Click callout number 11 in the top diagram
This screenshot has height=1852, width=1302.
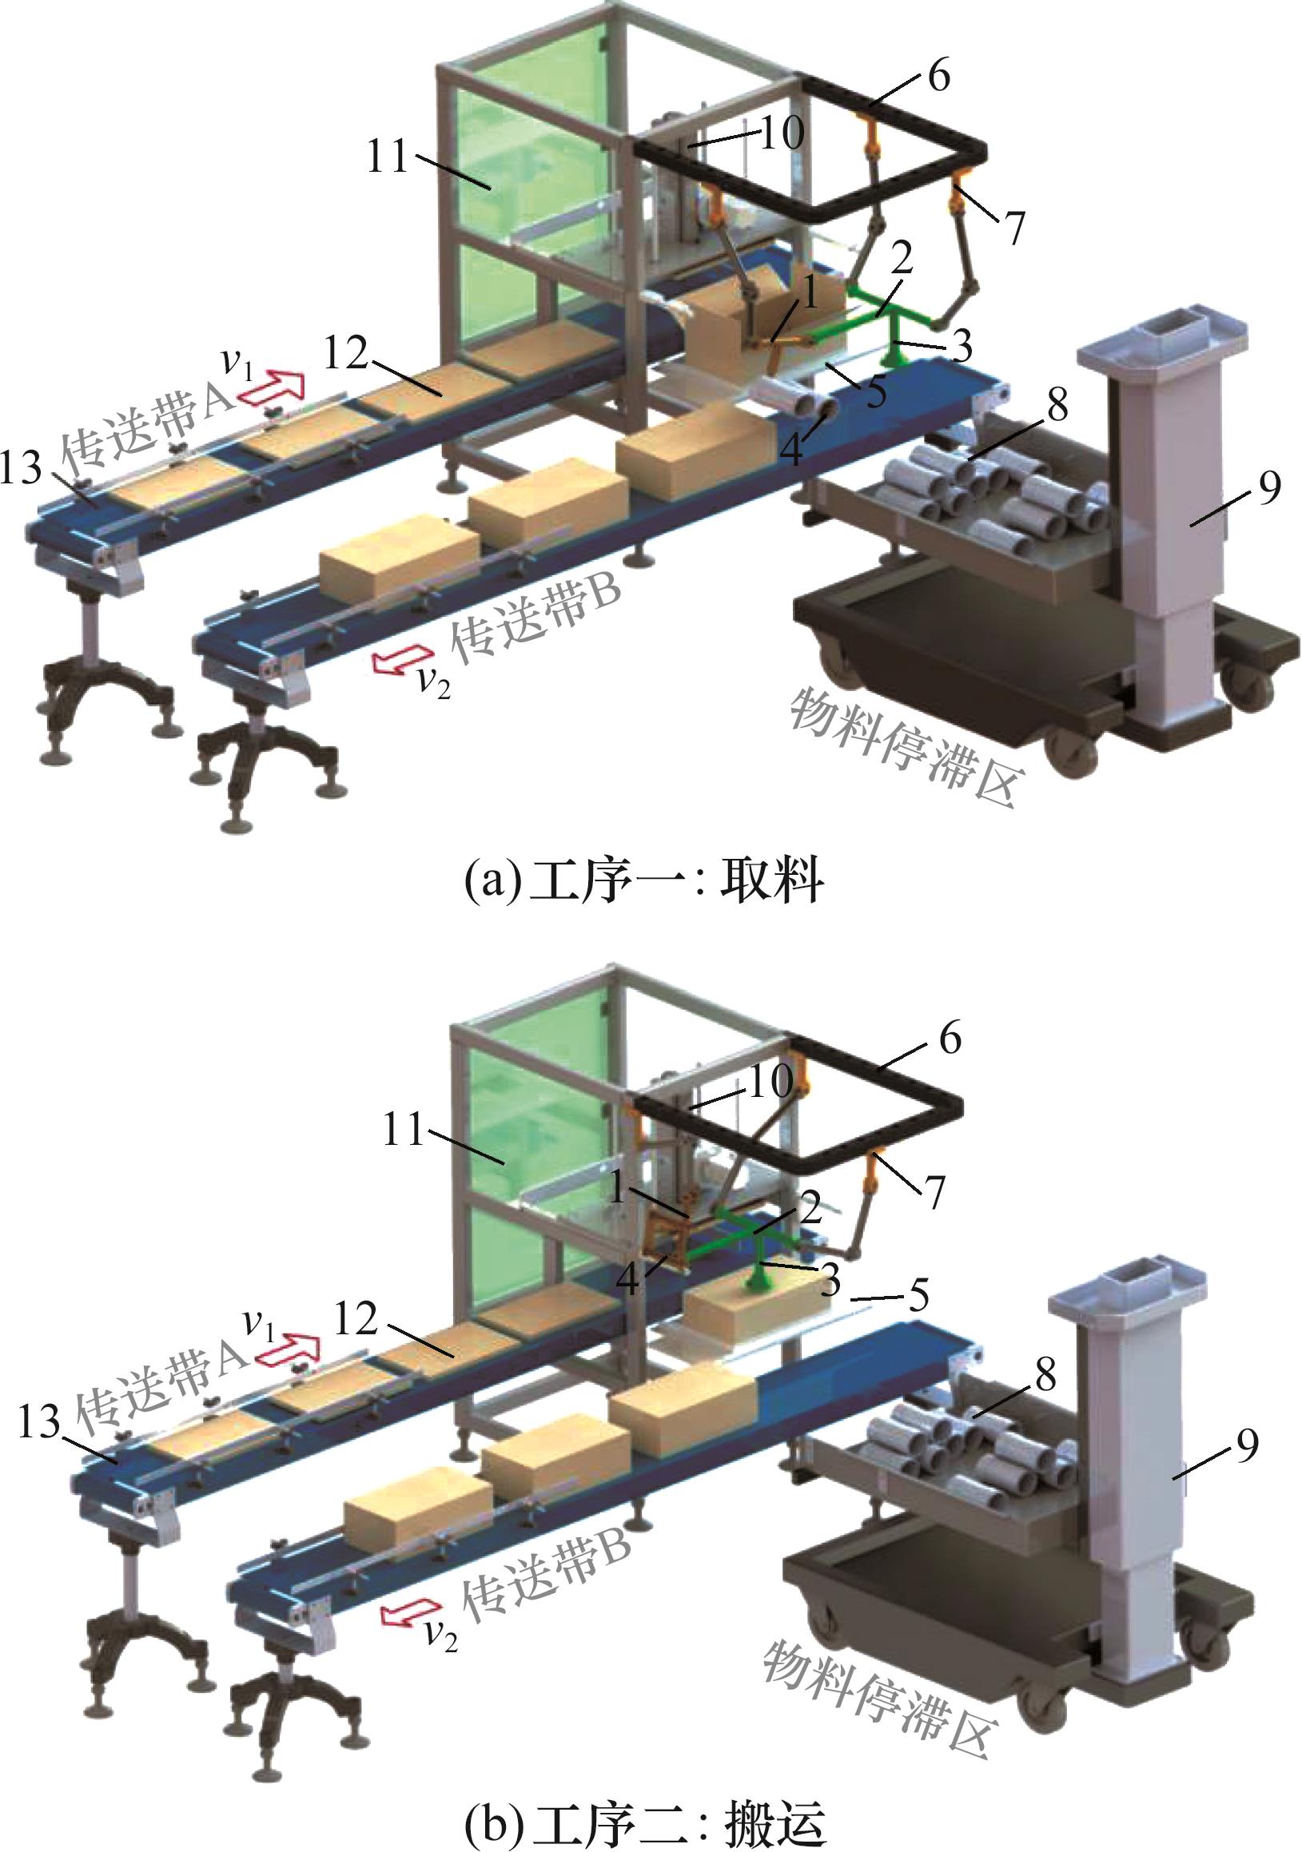[388, 157]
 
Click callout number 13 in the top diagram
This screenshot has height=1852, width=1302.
[22, 469]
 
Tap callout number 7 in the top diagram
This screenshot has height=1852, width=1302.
[1013, 228]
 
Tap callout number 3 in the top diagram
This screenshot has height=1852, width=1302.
[961, 346]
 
